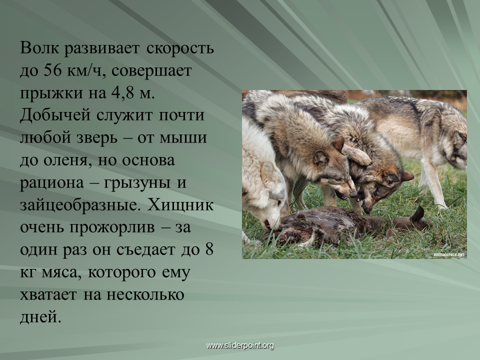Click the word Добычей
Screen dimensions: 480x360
pos(55,115)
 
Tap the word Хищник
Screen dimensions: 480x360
pos(180,205)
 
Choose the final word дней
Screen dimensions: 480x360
pos(40,316)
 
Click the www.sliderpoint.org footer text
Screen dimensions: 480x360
pos(240,345)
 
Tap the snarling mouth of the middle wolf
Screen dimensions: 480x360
pos(343,195)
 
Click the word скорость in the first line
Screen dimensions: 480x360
pos(179,49)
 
